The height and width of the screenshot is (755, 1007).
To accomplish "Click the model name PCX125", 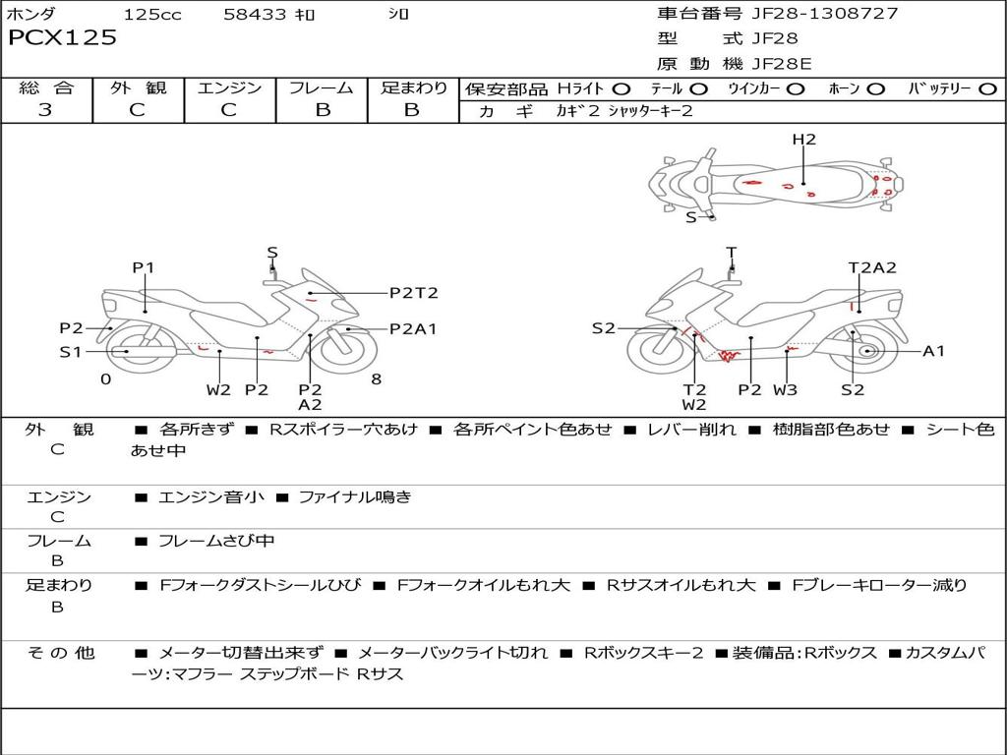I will (x=62, y=38).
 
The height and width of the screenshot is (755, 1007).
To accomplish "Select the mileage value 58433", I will (x=255, y=15).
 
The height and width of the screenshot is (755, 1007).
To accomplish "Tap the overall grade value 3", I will (x=45, y=110).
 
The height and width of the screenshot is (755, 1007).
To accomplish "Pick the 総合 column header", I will (x=45, y=87).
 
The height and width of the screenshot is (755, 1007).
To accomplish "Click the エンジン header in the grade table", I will (x=229, y=87).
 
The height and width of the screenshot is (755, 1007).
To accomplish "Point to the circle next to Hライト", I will (x=622, y=88).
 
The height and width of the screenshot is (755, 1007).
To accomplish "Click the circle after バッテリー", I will (x=987, y=88).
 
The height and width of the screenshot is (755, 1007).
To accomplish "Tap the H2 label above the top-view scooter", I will (x=803, y=140).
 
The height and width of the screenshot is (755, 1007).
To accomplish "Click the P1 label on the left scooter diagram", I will (x=144, y=267).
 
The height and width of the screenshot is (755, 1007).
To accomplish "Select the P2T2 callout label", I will (x=413, y=292).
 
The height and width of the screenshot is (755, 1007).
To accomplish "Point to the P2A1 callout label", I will (x=413, y=329).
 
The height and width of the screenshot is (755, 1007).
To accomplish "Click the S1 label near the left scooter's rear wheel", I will (x=70, y=351).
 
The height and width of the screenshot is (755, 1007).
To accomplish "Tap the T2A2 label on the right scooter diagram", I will (x=872, y=267).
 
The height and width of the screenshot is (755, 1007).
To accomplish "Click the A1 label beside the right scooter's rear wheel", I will (x=933, y=351).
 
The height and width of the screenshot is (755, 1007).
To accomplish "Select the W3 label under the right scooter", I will (x=785, y=389).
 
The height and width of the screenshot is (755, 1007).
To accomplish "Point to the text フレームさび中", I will (x=216, y=541).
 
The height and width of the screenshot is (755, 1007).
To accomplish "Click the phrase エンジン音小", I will (x=210, y=497).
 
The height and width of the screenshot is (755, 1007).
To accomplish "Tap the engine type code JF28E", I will (x=782, y=64).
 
